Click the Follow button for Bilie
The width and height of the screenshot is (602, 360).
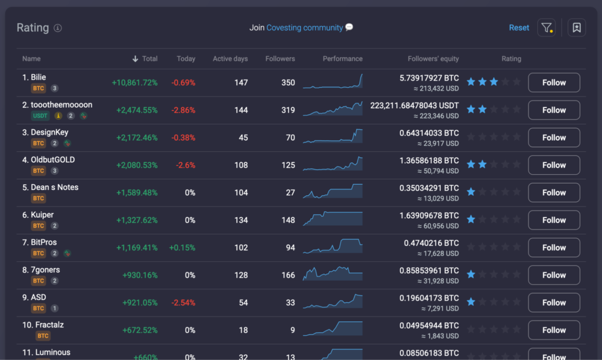[x=554, y=83]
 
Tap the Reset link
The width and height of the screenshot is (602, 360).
[x=519, y=28]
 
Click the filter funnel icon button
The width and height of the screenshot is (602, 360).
[x=546, y=28]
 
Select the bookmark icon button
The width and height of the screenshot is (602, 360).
[x=576, y=28]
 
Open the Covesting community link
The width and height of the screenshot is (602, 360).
[x=305, y=28]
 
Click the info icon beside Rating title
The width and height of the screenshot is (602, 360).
[x=58, y=28]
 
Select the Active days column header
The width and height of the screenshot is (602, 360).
[x=230, y=59]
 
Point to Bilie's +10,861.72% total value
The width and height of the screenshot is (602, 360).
[x=135, y=83]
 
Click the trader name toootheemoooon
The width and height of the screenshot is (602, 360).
[x=61, y=105]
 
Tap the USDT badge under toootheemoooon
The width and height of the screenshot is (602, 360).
[x=41, y=116]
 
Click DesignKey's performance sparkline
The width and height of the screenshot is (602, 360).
[x=333, y=136]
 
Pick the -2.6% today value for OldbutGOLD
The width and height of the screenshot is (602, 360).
[x=185, y=165]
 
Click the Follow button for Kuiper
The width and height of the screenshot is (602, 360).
[x=554, y=220]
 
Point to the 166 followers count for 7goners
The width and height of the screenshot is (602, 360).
[x=288, y=275]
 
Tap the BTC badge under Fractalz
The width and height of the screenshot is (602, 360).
[x=43, y=336]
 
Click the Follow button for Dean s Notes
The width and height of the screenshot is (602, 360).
[x=554, y=192]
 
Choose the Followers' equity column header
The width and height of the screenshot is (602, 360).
[x=433, y=59]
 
